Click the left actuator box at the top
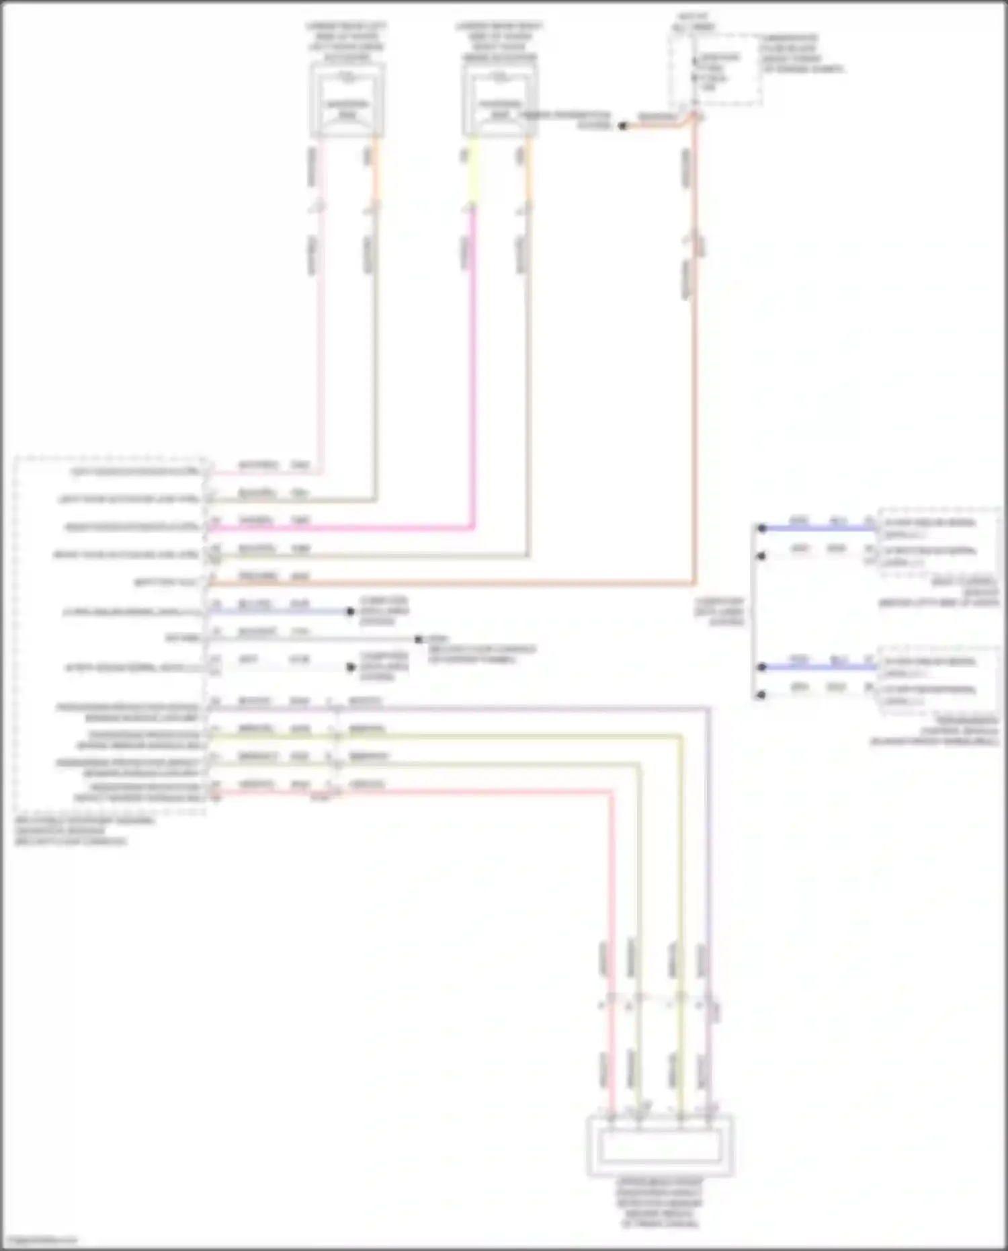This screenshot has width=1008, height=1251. [347, 101]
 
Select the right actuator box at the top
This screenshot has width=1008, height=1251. [500, 101]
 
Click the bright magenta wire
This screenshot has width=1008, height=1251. [473, 370]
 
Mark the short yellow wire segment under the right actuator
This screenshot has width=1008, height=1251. [472, 171]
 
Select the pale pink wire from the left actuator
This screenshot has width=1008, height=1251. [321, 336]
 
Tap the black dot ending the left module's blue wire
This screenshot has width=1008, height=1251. [350, 612]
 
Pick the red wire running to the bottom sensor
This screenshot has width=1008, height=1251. [612, 907]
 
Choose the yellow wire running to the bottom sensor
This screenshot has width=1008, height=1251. [681, 874]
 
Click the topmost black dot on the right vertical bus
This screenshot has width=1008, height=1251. [761, 528]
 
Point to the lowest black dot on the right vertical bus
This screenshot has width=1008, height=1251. [761, 695]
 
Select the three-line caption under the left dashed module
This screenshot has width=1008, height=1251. [84, 831]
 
